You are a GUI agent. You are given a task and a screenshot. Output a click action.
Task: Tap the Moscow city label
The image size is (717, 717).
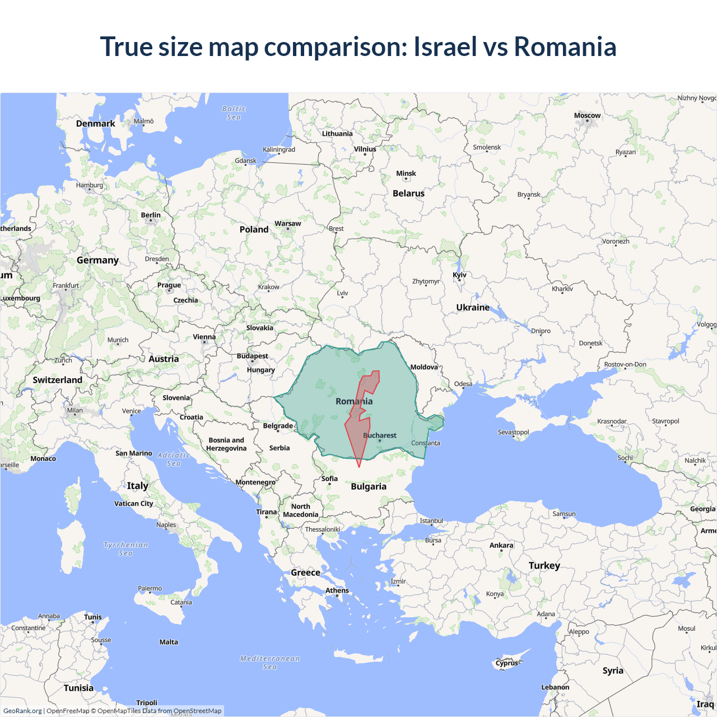pos(587,116)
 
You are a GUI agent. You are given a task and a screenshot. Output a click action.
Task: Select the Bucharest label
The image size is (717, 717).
pos(379,435)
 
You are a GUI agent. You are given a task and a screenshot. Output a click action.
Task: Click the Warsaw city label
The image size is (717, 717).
pos(287,224)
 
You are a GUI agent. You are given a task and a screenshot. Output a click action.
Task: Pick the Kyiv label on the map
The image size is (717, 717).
pos(459,275)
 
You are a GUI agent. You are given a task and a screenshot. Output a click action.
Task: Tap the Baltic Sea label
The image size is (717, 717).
pos(234,113)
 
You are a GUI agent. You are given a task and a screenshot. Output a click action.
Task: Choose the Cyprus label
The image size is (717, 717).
pos(507,663)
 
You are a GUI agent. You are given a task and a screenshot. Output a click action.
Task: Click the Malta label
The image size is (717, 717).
pos(169,642)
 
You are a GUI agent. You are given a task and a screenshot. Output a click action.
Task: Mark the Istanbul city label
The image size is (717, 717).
pos(431,521)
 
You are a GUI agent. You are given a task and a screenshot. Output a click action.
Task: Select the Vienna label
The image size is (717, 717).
pos(204,337)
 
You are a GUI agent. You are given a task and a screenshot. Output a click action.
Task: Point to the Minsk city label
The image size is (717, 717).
pos(406,174)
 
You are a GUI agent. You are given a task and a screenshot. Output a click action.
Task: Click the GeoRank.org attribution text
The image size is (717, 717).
pos(22,711)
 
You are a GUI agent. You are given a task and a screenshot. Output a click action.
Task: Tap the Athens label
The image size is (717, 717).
pos(337,590)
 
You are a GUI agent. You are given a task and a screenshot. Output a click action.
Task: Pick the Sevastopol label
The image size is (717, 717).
pos(513,432)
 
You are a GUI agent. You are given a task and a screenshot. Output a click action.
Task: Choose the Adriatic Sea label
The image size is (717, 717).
pos(174,459)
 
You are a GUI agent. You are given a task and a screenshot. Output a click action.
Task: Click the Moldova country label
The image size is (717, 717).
pos(424,367)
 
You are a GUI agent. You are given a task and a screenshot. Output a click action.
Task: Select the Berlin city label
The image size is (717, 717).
pos(151,215)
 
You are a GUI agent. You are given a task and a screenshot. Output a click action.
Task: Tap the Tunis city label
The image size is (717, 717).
pos(93,617)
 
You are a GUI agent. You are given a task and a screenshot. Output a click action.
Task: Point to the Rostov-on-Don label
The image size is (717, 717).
pos(625,365)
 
